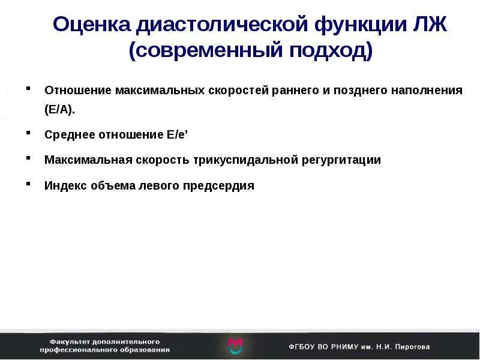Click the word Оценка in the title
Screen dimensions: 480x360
(x=92, y=24)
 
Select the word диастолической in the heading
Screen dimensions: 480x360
(x=222, y=25)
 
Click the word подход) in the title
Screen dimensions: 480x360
(x=331, y=50)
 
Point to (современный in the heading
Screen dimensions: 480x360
(x=206, y=50)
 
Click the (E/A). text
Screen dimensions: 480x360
(x=59, y=109)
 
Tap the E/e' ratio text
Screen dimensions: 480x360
(x=177, y=134)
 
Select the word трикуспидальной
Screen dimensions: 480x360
(x=245, y=160)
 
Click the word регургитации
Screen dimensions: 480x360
(x=341, y=160)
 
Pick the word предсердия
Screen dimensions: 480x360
(x=218, y=186)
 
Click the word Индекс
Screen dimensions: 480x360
(x=65, y=185)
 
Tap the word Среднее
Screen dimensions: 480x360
(x=69, y=134)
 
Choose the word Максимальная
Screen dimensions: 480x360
(x=88, y=160)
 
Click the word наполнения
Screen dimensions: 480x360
(x=427, y=91)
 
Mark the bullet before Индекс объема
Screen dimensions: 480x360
(x=28, y=184)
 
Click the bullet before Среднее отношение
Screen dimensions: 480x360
(x=28, y=133)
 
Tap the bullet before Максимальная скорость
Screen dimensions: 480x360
(x=28, y=158)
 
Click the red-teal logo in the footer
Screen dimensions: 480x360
(x=235, y=346)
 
